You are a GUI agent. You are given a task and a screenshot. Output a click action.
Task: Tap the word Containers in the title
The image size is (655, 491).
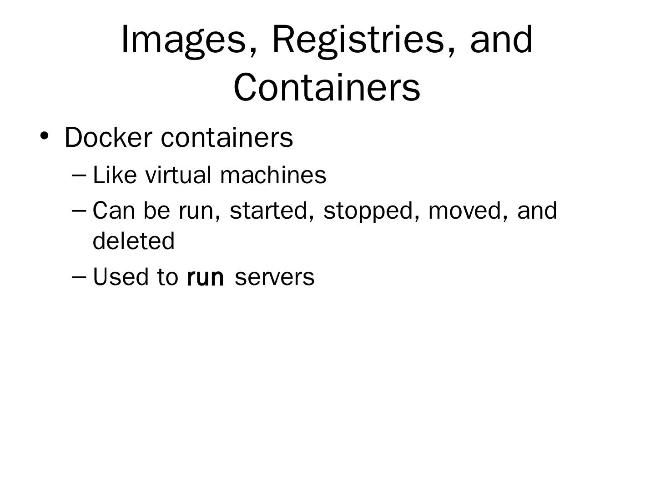327,87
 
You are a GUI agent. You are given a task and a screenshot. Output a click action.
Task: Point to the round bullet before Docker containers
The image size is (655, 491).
44,135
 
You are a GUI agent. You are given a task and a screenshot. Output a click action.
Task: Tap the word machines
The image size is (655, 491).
273,175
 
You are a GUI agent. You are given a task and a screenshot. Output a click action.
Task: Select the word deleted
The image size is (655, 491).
134,240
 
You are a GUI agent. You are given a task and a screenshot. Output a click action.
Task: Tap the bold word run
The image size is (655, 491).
205,277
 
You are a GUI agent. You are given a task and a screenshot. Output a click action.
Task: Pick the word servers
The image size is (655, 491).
274,277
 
